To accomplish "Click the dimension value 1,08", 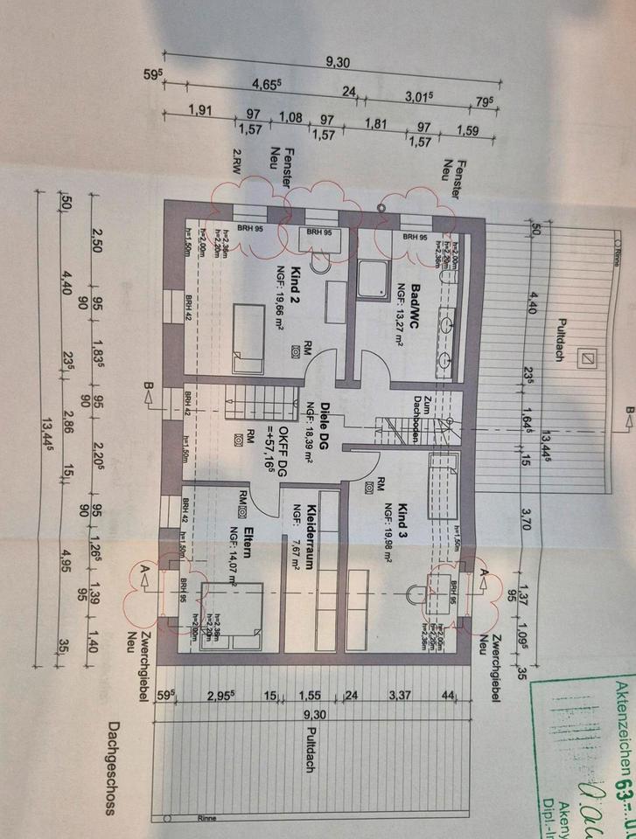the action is point(290,117).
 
